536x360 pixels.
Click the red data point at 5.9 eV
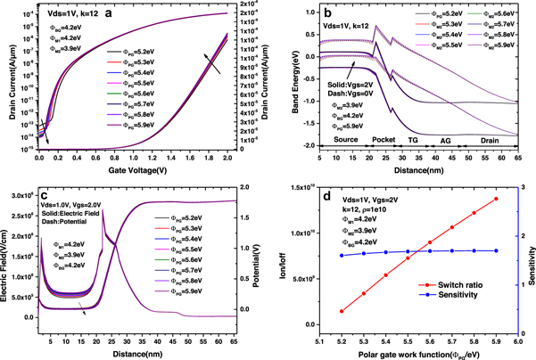(495, 199)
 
